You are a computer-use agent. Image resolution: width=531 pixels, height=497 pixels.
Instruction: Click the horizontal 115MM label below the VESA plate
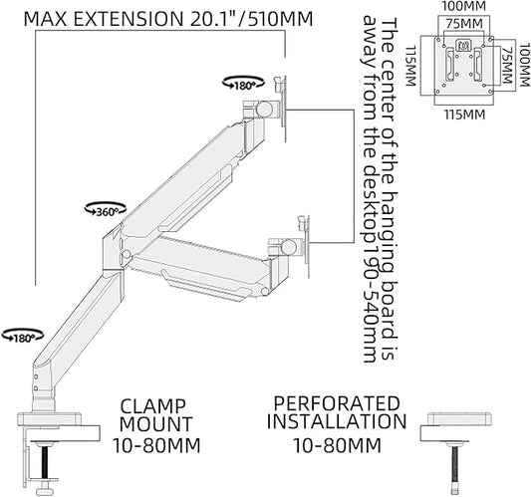[465, 113]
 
